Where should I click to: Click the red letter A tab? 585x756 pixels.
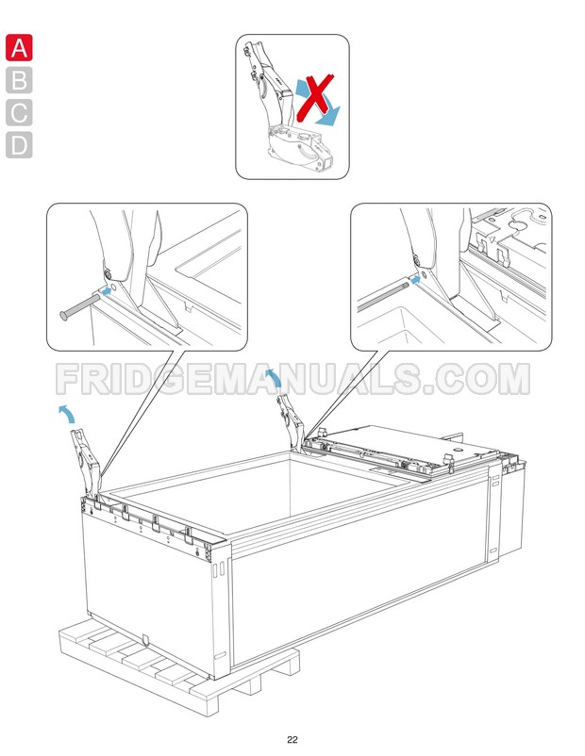[19, 47]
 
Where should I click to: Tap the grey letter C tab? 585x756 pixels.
[19, 112]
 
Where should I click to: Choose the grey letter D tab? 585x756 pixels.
[19, 145]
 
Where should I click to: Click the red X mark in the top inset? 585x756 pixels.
[315, 96]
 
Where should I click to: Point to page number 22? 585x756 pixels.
[292, 738]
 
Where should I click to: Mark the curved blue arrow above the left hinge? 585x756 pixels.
[69, 413]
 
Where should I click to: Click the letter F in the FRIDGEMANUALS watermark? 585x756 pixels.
[71, 379]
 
